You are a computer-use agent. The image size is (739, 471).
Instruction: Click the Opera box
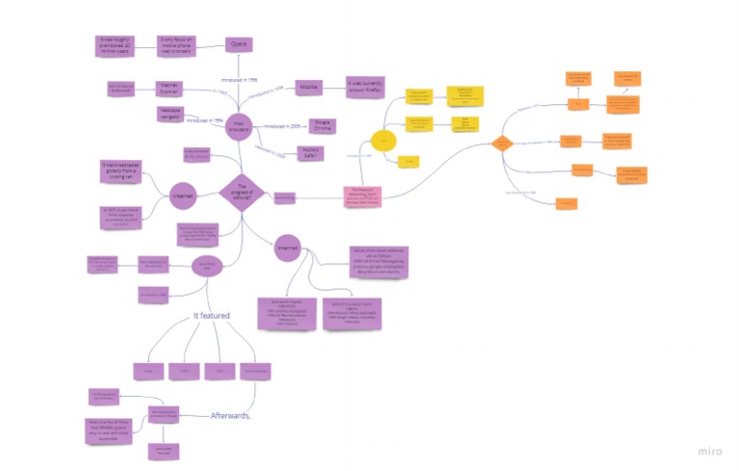tap(239, 44)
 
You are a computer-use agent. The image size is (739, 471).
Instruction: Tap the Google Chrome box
tap(323, 127)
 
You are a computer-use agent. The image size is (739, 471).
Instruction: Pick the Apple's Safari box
tap(309, 153)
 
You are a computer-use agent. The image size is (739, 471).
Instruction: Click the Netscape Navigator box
tap(170, 114)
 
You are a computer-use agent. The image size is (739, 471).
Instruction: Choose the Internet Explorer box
tap(170, 88)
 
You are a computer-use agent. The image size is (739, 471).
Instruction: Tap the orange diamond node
tap(500, 144)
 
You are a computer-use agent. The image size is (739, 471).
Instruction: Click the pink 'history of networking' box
tap(362, 197)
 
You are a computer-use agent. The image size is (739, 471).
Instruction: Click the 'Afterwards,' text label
tap(232, 415)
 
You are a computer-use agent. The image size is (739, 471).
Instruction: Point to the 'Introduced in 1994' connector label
tap(205, 121)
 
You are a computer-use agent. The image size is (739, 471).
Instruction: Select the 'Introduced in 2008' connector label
tap(283, 126)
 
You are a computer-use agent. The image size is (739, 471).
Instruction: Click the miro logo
tap(711, 451)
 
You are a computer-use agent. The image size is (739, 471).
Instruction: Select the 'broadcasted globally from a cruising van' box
tap(121, 171)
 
